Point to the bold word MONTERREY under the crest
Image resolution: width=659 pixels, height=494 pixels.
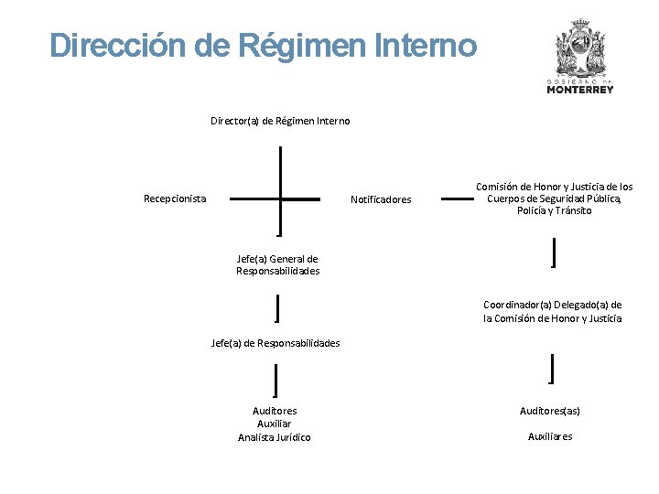click(580, 90)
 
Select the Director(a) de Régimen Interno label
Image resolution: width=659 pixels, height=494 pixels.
click(280, 121)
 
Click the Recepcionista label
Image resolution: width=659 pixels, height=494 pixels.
click(175, 198)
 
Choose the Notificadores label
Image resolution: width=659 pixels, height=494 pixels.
click(382, 199)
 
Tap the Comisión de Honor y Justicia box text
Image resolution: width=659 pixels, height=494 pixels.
click(554, 199)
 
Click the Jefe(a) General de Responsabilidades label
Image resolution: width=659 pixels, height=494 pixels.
click(278, 264)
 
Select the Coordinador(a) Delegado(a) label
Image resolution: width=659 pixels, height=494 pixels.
click(553, 311)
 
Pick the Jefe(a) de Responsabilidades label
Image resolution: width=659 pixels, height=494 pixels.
click(275, 343)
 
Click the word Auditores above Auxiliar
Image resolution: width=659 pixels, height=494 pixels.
click(275, 411)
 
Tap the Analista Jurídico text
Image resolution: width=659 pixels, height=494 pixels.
click(275, 437)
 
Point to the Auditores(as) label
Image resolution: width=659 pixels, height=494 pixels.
click(550, 411)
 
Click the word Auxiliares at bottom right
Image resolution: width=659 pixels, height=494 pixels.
click(550, 436)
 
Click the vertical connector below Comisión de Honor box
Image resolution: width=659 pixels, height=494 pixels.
click(554, 251)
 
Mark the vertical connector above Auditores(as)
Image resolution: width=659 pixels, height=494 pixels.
click(551, 368)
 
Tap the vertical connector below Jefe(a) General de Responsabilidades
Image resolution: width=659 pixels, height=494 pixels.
click(276, 308)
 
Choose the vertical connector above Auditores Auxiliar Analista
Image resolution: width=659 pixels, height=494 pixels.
click(275, 379)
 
